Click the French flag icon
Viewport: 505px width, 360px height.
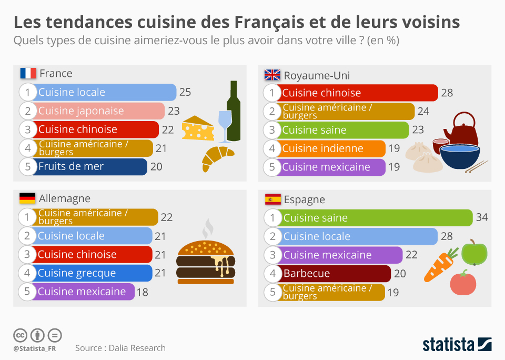pos(28,73)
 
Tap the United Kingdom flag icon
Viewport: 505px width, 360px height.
pos(272,75)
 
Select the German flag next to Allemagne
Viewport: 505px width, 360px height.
pos(27,198)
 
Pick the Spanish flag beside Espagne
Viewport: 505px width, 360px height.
pos(272,199)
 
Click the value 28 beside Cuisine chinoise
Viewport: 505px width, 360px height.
pos(447,93)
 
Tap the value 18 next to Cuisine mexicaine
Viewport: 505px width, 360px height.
pos(142,292)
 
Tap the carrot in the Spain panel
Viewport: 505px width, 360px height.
pos(439,263)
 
